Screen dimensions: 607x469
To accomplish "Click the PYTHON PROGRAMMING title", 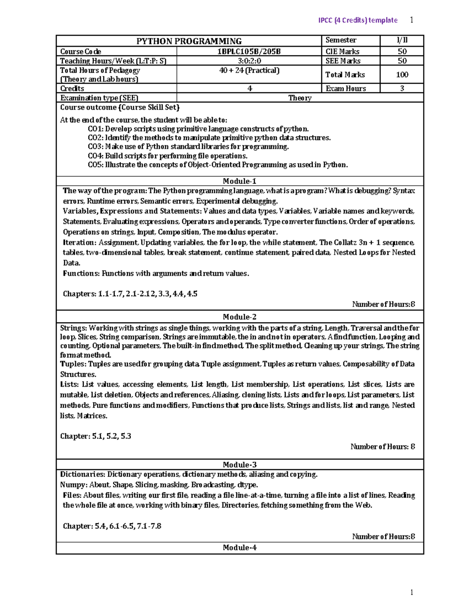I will click(189, 41).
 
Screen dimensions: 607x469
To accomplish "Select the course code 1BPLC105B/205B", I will click(249, 51).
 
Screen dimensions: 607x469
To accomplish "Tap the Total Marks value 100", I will click(402, 74).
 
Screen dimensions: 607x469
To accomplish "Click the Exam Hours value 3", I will click(402, 88).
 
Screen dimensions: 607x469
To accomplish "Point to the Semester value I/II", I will click(402, 40).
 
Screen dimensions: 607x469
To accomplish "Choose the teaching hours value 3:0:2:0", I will click(249, 61).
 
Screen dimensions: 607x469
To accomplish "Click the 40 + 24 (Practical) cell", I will click(249, 70).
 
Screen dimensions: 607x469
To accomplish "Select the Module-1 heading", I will click(240, 181).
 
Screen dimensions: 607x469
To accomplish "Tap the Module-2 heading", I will click(240, 317).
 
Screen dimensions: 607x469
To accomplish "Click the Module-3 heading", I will click(240, 464).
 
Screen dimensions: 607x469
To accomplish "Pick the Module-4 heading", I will click(240, 547).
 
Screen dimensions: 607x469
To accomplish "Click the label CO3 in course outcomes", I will click(95, 147).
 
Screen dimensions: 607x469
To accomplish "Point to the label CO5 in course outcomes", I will click(95, 165).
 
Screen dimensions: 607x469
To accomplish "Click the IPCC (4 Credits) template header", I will click(358, 20).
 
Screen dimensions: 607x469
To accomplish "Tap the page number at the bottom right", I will click(412, 592).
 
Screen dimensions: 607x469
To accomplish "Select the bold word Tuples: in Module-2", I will click(73, 364).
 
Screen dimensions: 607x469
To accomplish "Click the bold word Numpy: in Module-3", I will click(73, 485).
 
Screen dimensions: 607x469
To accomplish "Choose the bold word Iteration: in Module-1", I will click(79, 242).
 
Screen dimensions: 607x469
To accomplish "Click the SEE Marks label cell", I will click(343, 61).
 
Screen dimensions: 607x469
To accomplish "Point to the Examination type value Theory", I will click(300, 98).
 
